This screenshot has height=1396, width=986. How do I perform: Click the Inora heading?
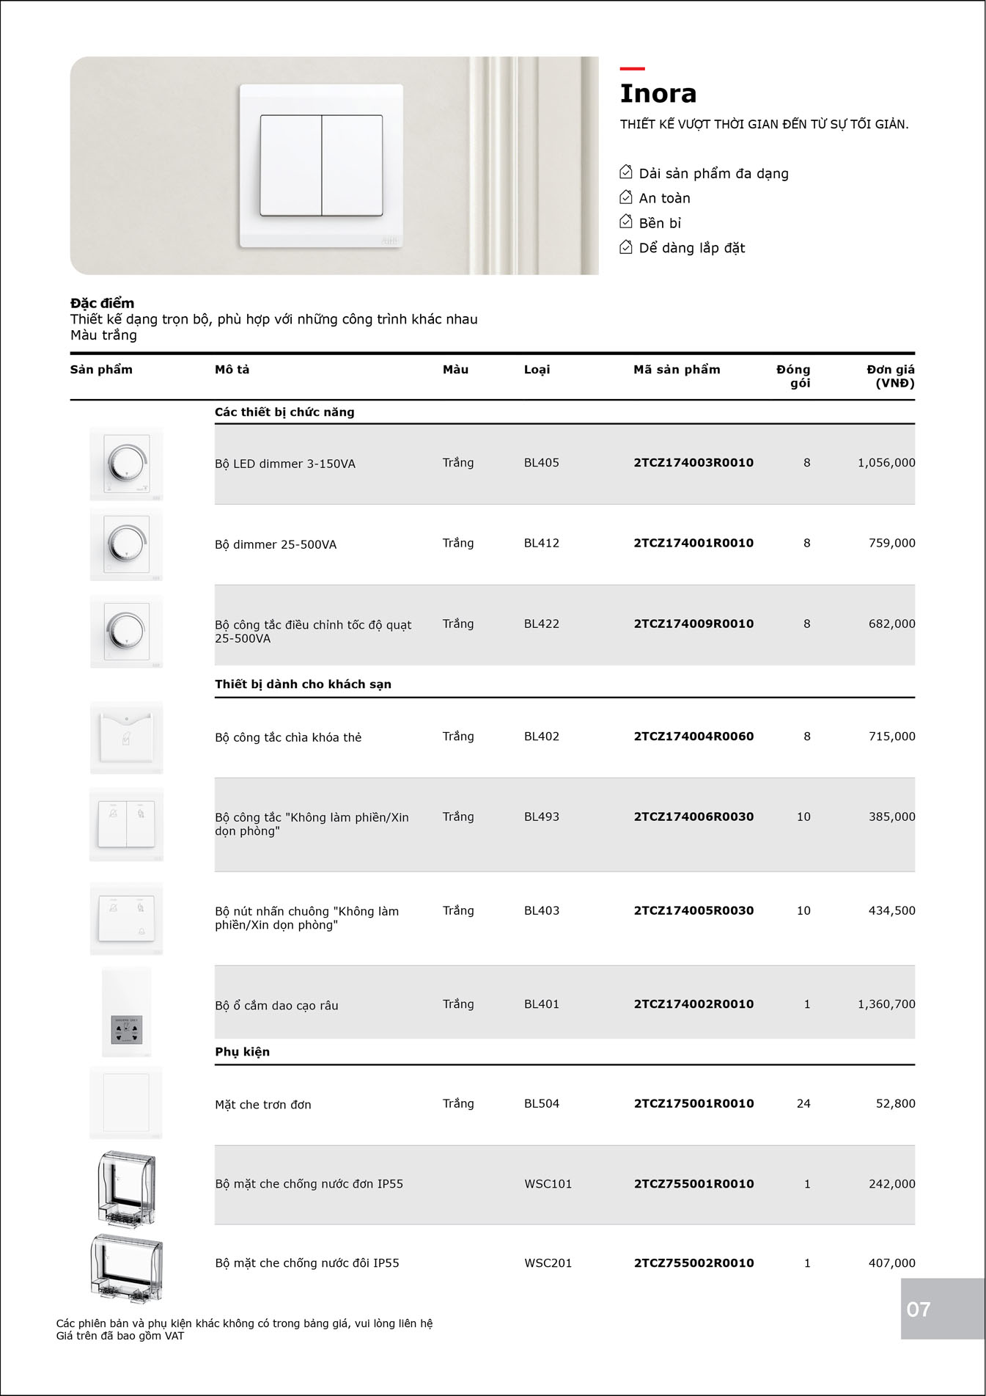coord(658,94)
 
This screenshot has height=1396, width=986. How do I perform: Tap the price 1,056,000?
coord(886,463)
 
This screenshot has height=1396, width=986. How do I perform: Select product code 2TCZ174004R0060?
coord(693,737)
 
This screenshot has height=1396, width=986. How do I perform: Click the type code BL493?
coord(541,816)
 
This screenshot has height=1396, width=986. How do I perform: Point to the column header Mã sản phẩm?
coord(677,370)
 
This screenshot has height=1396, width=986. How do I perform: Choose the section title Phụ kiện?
coord(242,1052)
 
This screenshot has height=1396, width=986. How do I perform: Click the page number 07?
coord(919,1309)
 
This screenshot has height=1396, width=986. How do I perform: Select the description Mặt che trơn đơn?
coord(262,1105)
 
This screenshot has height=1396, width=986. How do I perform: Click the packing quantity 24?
coord(803,1103)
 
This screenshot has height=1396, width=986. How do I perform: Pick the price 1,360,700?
coord(886,1004)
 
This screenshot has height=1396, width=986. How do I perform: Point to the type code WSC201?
coord(548,1263)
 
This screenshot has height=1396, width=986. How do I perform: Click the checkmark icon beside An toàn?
coord(626,197)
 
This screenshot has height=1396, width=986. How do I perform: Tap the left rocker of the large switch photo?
coord(291,165)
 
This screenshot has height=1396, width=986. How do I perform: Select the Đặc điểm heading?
coord(102,303)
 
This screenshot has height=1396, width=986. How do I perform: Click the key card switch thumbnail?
coord(126,737)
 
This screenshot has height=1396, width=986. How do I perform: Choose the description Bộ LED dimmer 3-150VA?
coord(284,464)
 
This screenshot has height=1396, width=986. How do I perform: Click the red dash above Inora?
coord(632,69)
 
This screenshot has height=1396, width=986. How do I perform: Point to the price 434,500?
coord(891,910)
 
